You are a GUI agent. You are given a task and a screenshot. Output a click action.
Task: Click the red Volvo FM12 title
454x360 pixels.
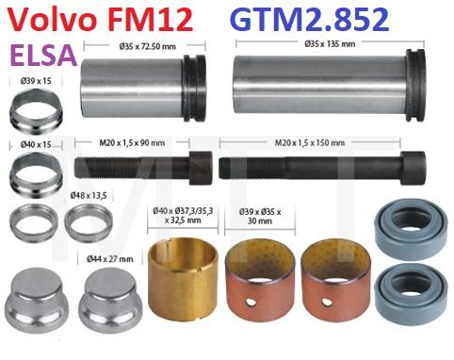click(100, 20)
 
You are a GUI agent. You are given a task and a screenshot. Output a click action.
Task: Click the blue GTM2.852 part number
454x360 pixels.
click(310, 20)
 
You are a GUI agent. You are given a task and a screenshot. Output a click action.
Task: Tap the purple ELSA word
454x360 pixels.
click(43, 55)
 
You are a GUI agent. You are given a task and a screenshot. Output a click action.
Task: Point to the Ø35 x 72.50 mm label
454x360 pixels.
click(148, 47)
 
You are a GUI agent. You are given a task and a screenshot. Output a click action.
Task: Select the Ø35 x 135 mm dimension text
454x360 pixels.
click(330, 43)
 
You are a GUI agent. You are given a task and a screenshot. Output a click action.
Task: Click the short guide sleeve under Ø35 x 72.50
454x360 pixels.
click(143, 89)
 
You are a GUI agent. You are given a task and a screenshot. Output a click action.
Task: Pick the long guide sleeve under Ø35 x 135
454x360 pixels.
click(330, 85)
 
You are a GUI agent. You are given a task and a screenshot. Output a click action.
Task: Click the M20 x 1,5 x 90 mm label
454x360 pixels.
click(132, 143)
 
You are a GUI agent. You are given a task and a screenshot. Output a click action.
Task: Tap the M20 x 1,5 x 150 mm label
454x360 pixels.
click(310, 143)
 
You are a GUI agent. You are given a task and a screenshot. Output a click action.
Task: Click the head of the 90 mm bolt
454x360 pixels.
click(201, 168)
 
